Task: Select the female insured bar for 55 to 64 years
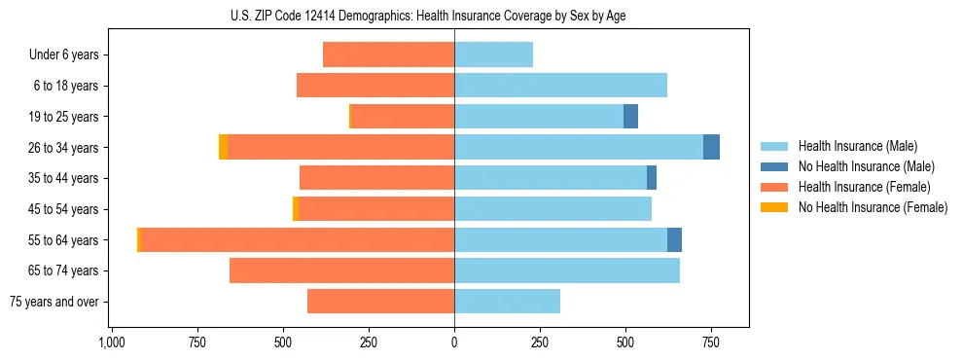tap(298, 239)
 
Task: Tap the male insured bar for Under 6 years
tap(493, 54)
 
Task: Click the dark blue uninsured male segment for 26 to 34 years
tap(711, 147)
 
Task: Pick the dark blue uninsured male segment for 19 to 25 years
tap(630, 117)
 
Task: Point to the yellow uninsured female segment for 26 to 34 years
tap(223, 147)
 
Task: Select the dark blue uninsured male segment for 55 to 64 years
tap(674, 239)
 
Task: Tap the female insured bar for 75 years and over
tap(380, 302)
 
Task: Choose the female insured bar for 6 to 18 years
tap(375, 86)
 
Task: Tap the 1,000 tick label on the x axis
tap(111, 342)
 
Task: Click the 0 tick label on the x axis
tap(454, 342)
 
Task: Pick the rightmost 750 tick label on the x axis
tap(711, 342)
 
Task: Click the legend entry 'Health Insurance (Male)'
tap(857, 146)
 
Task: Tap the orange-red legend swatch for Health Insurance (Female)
tap(774, 187)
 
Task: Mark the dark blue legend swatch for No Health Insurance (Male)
tap(774, 166)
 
